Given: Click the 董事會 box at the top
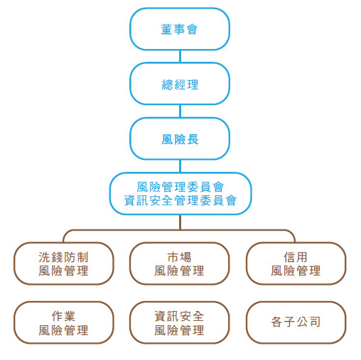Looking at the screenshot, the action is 180,29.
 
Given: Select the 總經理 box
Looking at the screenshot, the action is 180,84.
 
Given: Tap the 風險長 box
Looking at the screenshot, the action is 180,138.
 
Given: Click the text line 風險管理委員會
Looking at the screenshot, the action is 180,187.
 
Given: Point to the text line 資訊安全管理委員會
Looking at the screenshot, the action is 180,200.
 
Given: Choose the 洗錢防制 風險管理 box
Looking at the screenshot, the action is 64,263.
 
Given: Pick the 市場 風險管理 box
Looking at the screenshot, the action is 179,263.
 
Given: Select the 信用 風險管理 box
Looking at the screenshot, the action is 296,263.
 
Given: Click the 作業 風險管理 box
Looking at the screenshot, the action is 64,322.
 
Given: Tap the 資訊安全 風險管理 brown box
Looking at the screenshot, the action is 179,322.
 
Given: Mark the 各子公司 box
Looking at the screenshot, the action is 296,322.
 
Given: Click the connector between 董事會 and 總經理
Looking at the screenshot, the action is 180,56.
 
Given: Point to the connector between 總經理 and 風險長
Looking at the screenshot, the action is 180,111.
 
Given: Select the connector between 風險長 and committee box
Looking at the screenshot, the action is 180,166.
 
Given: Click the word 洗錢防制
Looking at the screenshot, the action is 63,257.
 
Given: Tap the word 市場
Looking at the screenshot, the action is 179,257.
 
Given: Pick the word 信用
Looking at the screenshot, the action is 296,257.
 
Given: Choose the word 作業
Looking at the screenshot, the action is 63,317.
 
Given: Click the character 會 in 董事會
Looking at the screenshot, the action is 192,29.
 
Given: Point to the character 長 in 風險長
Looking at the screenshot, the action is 193,139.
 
